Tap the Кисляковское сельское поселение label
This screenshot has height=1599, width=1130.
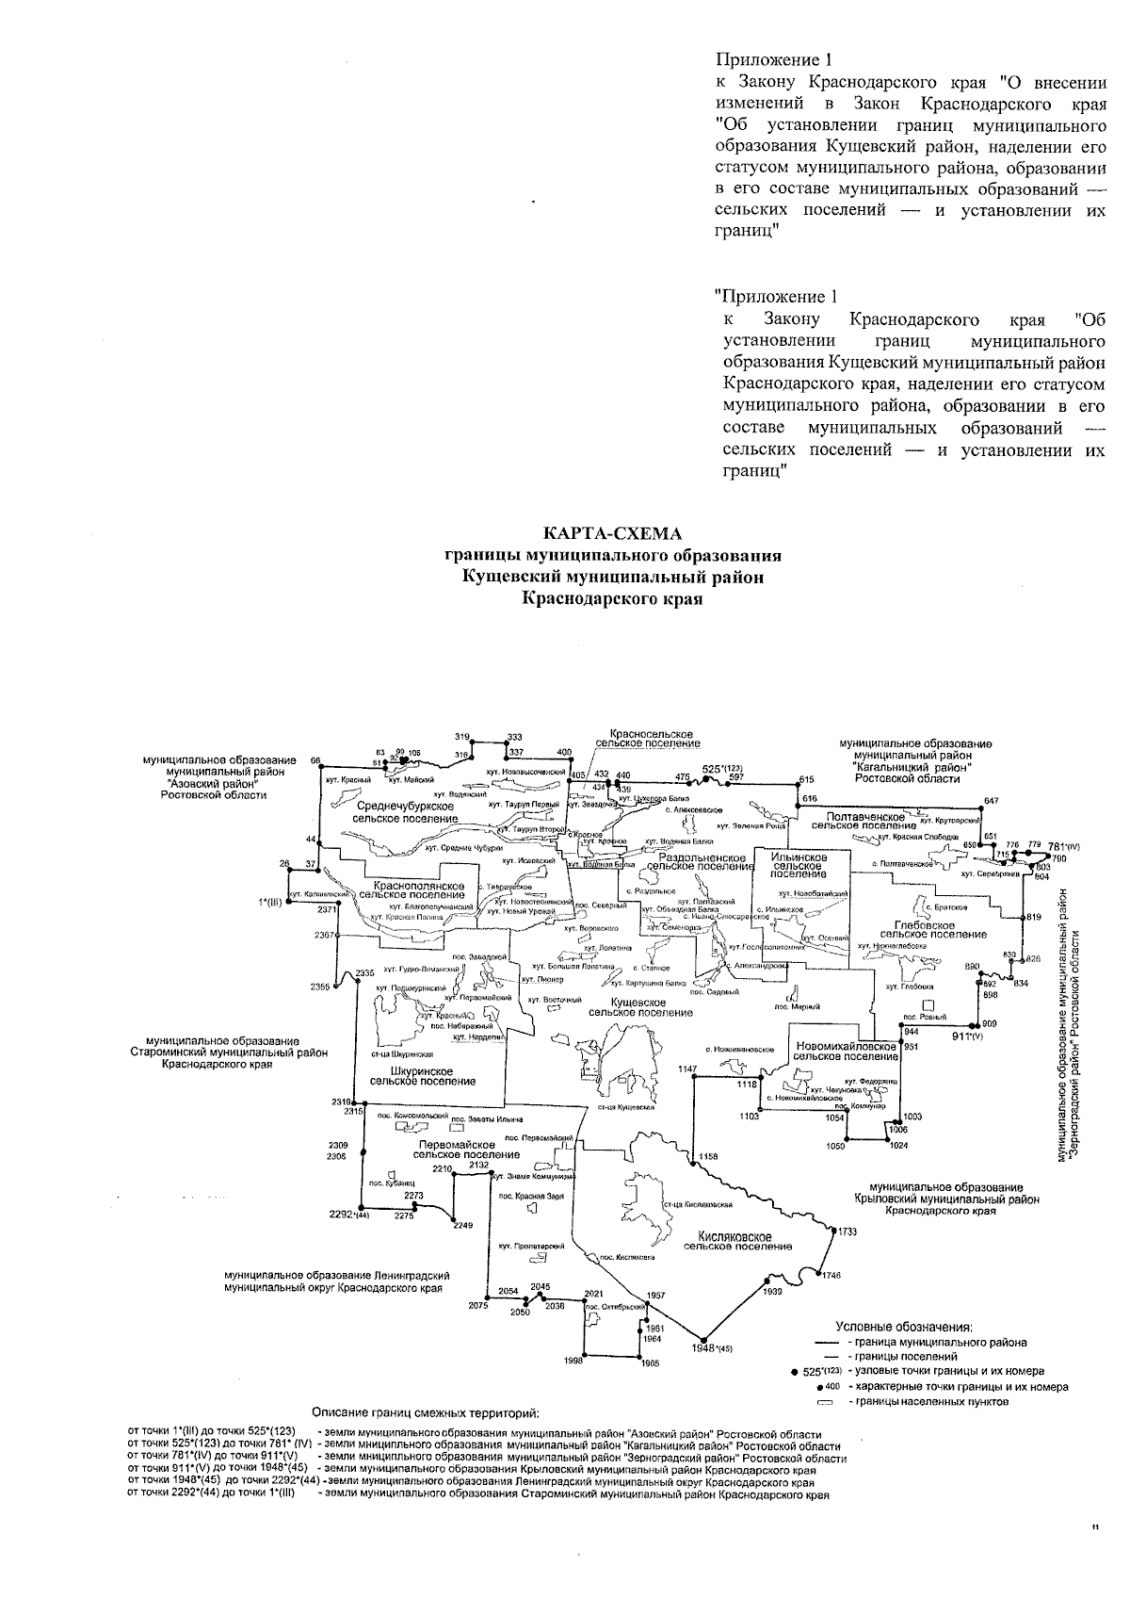coord(736,1241)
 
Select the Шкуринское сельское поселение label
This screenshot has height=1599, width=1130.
coord(423,1076)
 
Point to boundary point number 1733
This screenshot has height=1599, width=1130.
coord(847,1232)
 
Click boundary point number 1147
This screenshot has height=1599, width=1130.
coord(687,1069)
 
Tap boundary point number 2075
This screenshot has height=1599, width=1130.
coord(477,1305)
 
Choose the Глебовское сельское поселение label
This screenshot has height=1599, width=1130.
coord(927,930)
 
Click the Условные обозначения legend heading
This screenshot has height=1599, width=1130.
coord(903,1327)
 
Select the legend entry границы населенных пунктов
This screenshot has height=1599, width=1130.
coord(928,1401)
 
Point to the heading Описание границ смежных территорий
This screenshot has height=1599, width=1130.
coord(426,1412)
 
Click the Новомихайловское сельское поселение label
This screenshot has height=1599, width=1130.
coord(846,1051)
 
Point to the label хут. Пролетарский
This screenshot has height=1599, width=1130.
coord(525,1246)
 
